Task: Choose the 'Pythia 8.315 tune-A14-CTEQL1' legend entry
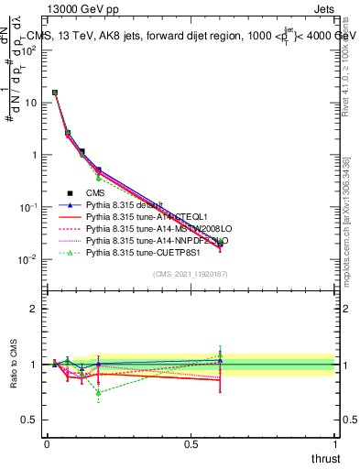pyautogui.click(x=142, y=217)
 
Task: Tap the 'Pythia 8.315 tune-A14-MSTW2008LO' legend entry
pyautogui.click(x=151, y=229)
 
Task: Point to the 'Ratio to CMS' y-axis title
pyautogui.click(x=13, y=365)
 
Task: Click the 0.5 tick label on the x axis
pyautogui.click(x=191, y=444)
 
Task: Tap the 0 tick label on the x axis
pyautogui.click(x=47, y=444)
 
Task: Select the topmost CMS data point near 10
pyautogui.click(x=55, y=93)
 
